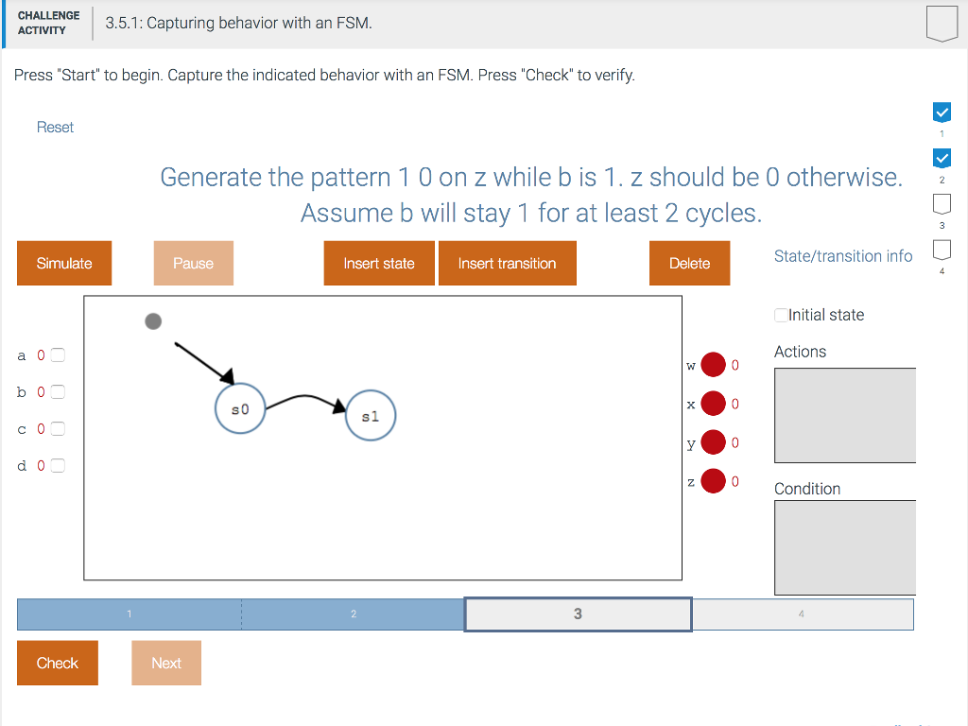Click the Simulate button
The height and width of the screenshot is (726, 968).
click(x=64, y=263)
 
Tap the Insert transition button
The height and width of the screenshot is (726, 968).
click(x=507, y=263)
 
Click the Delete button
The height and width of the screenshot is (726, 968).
click(x=689, y=263)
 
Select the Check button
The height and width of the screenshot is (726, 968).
click(x=58, y=663)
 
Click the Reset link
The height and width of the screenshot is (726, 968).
click(x=55, y=128)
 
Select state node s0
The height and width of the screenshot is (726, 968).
click(x=240, y=408)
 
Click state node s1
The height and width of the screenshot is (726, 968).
click(x=371, y=416)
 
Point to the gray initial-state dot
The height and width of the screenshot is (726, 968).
click(x=153, y=321)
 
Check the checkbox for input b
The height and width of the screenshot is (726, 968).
click(x=58, y=392)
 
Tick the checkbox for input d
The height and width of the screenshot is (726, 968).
click(x=58, y=465)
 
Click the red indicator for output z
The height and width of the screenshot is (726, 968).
click(x=713, y=481)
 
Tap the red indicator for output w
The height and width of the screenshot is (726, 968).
click(x=713, y=364)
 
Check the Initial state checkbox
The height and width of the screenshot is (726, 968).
click(x=781, y=315)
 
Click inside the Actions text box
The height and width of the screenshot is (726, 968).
click(x=845, y=416)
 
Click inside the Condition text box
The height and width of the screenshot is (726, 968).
click(x=845, y=547)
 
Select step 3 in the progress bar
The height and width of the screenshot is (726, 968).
click(x=578, y=614)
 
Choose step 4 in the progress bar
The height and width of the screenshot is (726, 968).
click(x=802, y=614)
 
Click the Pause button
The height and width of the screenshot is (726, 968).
click(x=193, y=263)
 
